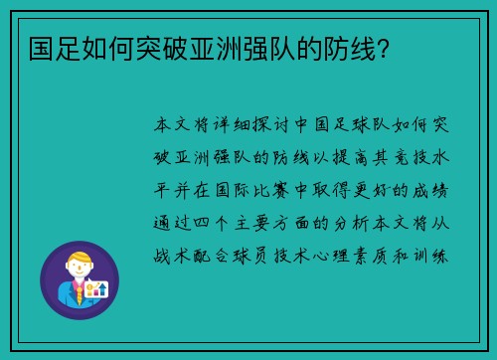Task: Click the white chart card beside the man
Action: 97,290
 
